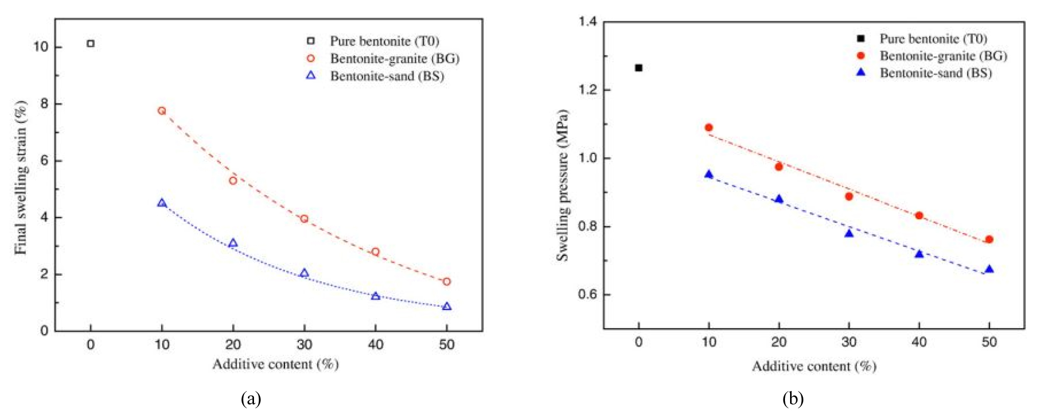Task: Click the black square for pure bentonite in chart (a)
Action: pos(91,43)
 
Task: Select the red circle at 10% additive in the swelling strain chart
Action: pos(162,111)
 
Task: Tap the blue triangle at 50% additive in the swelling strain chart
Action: pos(447,306)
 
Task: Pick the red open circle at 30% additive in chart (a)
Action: pos(305,219)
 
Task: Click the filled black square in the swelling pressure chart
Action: pos(639,68)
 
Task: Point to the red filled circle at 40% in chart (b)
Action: pos(919,216)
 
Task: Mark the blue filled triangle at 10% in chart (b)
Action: pos(708,174)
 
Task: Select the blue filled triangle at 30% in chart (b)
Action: pos(849,233)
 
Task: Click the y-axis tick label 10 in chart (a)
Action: pos(40,47)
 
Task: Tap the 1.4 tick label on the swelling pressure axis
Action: pos(588,21)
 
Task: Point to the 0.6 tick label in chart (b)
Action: pos(588,295)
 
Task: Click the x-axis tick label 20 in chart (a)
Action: pos(233,345)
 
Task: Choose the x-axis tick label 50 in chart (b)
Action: pos(989,342)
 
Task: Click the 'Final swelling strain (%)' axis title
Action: pos(20,177)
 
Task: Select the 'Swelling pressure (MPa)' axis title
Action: pos(562,186)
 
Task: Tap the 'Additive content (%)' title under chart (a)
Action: pos(275,364)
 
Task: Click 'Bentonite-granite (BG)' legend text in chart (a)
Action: pos(394,59)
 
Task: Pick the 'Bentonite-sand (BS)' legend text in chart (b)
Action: pos(935,73)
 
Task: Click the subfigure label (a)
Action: pos(251,398)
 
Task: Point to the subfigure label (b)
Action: pos(793,398)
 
